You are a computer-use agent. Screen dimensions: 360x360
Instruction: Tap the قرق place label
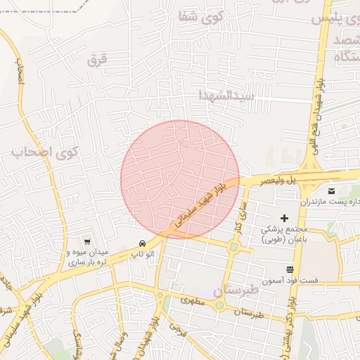click(96, 61)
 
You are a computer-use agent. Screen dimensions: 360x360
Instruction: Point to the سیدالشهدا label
click(225, 95)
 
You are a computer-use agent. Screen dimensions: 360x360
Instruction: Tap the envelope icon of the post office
click(332, 191)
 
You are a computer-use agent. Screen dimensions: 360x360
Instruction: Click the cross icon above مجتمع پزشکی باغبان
click(284, 219)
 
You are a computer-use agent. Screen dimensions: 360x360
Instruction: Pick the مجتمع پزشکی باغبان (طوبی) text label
click(285, 234)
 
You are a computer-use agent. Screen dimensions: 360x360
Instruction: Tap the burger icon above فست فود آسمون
click(290, 269)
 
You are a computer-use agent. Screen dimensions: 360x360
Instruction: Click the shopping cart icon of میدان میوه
click(86, 241)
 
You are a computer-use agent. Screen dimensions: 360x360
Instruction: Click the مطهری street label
click(192, 300)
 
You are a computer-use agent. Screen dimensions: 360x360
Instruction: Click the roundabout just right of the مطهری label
click(219, 305)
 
